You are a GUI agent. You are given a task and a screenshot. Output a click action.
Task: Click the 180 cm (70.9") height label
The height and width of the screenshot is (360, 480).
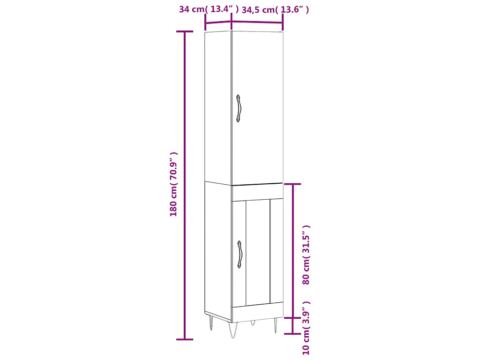coord(174,184)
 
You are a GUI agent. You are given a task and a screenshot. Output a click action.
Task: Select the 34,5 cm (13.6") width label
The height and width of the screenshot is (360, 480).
coord(275,9)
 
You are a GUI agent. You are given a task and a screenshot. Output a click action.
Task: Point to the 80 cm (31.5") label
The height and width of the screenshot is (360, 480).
coord(307,255)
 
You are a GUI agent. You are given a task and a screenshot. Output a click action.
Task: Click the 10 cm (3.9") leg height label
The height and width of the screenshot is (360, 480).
coord(307,328)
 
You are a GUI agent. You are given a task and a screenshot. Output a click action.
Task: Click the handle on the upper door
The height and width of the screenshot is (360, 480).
coord(239,109)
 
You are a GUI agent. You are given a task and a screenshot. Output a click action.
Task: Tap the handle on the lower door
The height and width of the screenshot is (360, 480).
coord(240,255)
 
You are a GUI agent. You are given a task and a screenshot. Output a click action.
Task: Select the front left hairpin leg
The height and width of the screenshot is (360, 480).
coord(232,330)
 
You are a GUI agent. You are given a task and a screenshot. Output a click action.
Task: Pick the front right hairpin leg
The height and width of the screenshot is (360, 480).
coord(275,324)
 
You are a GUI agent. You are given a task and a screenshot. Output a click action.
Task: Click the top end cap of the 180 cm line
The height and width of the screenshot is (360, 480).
coord(184,31)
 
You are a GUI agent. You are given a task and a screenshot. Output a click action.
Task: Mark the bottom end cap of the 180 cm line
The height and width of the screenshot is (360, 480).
coord(184,339)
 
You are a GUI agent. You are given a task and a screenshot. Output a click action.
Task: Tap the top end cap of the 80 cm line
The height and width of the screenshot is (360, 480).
coord(293,184)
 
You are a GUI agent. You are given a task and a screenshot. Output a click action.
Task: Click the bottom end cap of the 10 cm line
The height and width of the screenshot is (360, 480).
coord(293,334)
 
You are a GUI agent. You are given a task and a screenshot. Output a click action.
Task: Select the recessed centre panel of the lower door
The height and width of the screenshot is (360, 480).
coord(258,252)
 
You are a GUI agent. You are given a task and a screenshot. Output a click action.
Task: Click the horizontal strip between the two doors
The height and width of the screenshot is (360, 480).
coord(257,192)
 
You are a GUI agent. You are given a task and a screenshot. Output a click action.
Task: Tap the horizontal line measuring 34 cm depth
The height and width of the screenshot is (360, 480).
coord(218,22)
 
